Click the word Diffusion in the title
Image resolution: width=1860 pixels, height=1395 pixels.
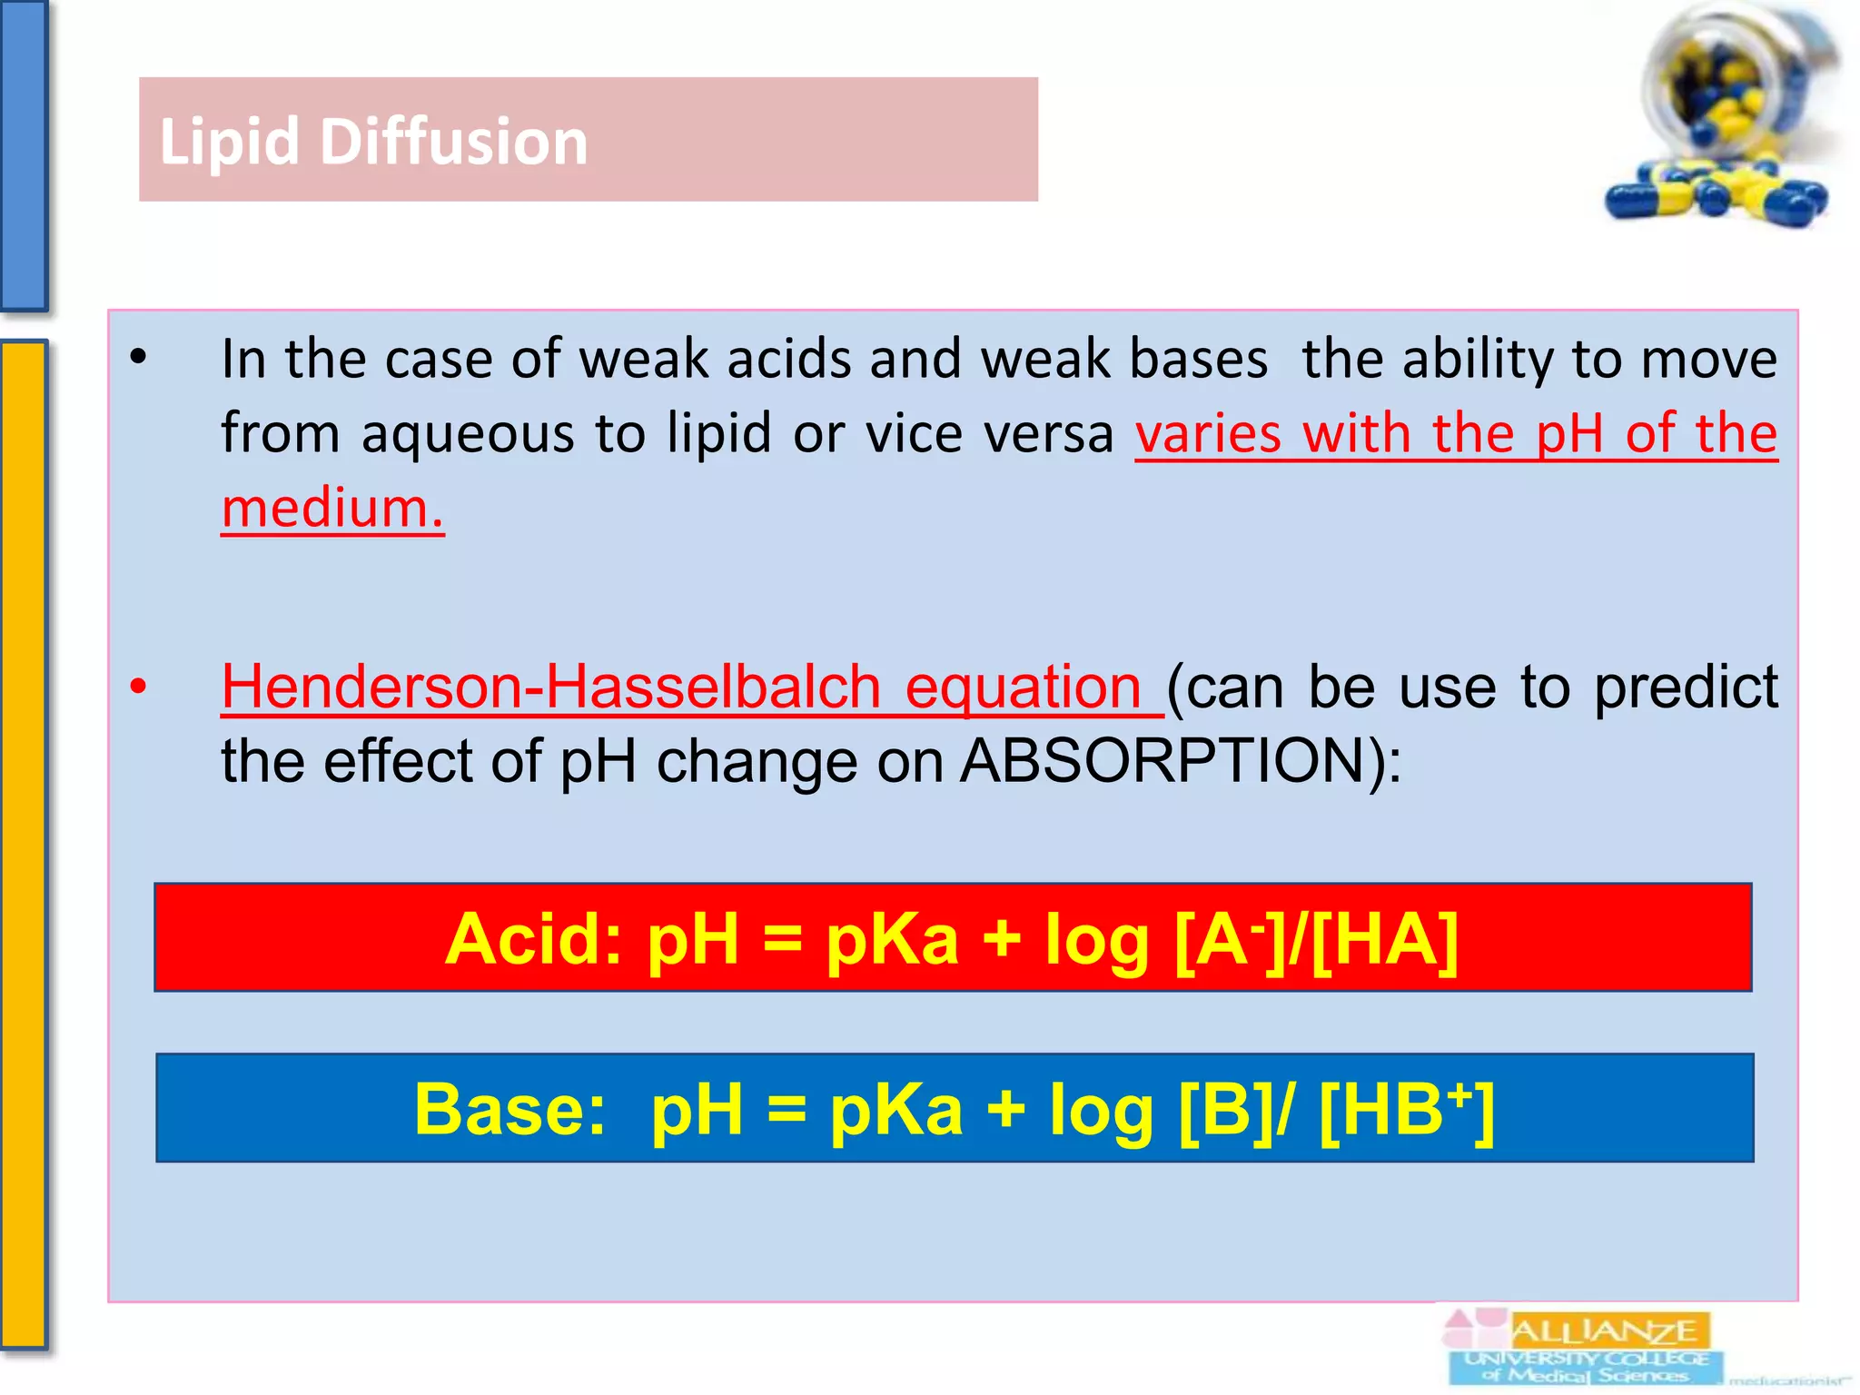pyautogui.click(x=453, y=142)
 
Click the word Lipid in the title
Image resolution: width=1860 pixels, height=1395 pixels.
pyautogui.click(x=229, y=142)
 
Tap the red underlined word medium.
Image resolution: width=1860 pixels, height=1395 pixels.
pyautogui.click(x=332, y=508)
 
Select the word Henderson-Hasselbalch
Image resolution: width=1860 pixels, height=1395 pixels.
pyautogui.click(x=550, y=686)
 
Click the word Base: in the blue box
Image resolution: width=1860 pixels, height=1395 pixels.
pyautogui.click(x=510, y=1109)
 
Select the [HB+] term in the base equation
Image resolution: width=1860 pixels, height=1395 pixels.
pyautogui.click(x=1405, y=1109)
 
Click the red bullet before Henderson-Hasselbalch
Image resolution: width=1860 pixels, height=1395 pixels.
pyautogui.click(x=138, y=687)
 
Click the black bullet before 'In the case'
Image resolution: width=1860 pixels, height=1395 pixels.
pyautogui.click(x=138, y=358)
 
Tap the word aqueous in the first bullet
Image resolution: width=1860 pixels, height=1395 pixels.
pyautogui.click(x=468, y=432)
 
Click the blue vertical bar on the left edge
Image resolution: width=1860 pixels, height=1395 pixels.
pyautogui.click(x=23, y=154)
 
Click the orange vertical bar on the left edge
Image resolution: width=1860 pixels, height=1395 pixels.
pyautogui.click(x=23, y=845)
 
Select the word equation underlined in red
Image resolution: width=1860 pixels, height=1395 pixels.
pyautogui.click(x=1023, y=686)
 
